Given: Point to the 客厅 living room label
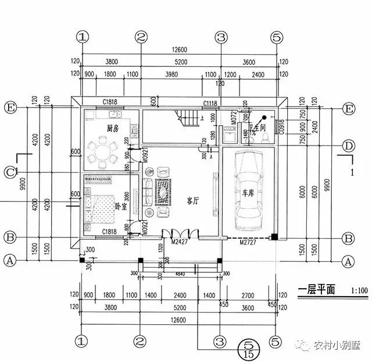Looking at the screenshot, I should (x=193, y=200).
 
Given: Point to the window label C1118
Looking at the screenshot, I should (x=210, y=103).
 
